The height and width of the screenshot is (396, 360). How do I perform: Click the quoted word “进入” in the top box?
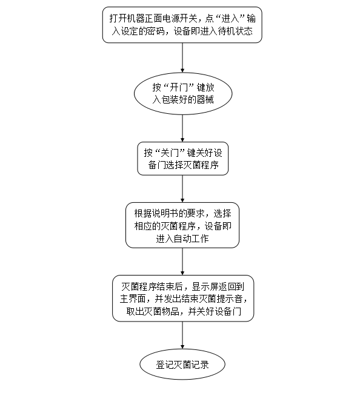[230, 19]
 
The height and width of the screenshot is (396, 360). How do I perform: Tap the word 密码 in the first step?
[155, 31]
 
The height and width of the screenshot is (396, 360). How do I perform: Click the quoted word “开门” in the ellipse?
[179, 87]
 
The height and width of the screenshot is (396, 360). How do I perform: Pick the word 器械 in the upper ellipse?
[205, 100]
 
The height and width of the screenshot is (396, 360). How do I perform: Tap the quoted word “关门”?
[170, 153]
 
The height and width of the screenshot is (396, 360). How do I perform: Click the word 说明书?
[165, 214]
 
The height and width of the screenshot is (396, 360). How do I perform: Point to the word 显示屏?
[205, 286]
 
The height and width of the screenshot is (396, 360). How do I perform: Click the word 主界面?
[133, 299]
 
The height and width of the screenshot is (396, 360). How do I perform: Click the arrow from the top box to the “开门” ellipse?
[182, 58]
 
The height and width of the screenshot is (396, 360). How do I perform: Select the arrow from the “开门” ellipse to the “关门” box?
[182, 128]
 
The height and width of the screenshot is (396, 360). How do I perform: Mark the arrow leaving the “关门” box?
[182, 189]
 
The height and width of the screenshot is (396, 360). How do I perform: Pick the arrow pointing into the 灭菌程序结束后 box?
[182, 262]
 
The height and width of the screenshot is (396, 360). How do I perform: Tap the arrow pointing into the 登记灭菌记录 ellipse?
[182, 335]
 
